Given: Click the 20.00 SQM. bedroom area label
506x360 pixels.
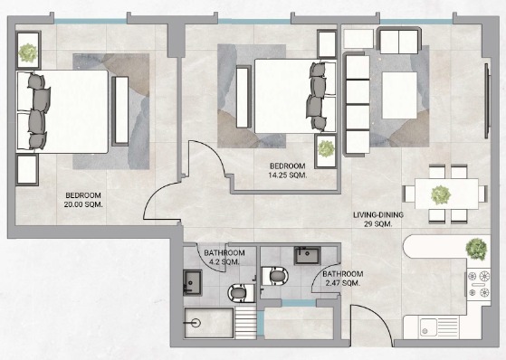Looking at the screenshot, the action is coord(83,200).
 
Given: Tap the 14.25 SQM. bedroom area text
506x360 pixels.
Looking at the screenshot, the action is coord(288,171).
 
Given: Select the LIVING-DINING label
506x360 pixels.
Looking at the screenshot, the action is coord(378,215).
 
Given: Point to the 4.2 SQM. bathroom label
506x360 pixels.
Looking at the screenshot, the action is coord(224,257).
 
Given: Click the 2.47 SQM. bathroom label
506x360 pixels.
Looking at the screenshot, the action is coord(343,279).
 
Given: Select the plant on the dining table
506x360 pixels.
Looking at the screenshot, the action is coord(441,195).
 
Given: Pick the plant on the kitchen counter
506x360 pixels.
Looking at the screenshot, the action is coord(476,249).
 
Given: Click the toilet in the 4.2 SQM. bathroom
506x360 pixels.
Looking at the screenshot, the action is coord(241,293).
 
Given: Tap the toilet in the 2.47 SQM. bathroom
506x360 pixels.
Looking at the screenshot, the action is coord(275,276).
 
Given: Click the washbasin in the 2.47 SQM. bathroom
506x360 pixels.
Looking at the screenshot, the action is coord(307,255).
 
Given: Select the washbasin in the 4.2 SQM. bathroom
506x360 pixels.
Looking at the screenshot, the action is coord(193,283).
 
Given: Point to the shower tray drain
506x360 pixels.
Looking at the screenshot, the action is coord(196,323).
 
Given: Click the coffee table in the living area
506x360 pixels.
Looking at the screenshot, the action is coord(399,96).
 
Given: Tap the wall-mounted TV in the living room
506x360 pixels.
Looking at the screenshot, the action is coord(487,101).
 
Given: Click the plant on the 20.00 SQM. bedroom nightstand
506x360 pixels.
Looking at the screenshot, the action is coord(28,52).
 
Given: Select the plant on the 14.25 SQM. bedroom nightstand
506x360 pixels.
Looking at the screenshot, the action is coord(326,149).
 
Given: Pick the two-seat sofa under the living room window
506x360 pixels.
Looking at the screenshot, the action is coord(398,41).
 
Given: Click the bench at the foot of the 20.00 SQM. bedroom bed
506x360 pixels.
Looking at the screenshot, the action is coord(120,111).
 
